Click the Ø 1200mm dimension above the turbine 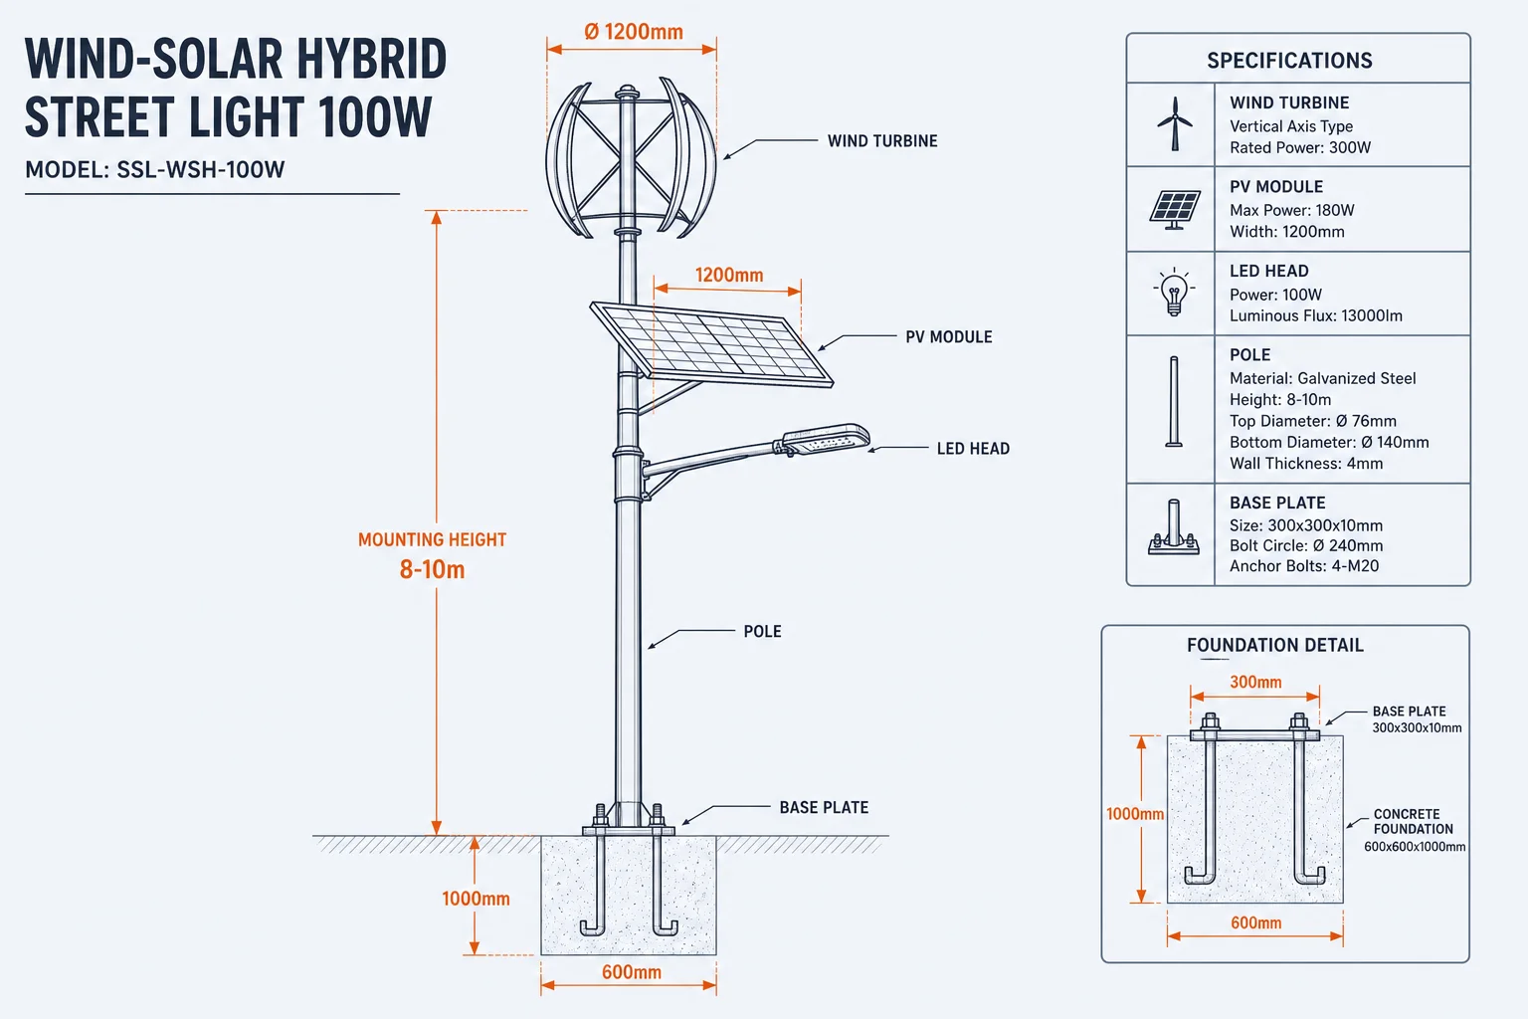tap(633, 32)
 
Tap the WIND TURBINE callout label tap(882, 141)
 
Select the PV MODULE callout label tap(949, 337)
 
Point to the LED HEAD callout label tap(973, 449)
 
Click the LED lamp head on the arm tap(826, 439)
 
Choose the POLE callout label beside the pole tap(762, 631)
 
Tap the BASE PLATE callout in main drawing tap(824, 807)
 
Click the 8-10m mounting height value tap(432, 569)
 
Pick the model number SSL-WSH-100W tap(201, 169)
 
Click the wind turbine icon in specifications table tap(1174, 123)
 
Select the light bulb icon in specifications tap(1173, 293)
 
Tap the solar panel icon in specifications tap(1174, 210)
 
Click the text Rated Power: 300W tap(1299, 147)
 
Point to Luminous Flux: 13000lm tap(1316, 315)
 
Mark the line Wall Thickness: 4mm tap(1306, 464)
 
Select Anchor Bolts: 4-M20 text tap(1304, 566)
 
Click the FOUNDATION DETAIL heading tap(1275, 645)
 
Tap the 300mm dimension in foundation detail tap(1255, 682)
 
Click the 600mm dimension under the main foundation tap(631, 972)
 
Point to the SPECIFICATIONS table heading tap(1289, 61)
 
